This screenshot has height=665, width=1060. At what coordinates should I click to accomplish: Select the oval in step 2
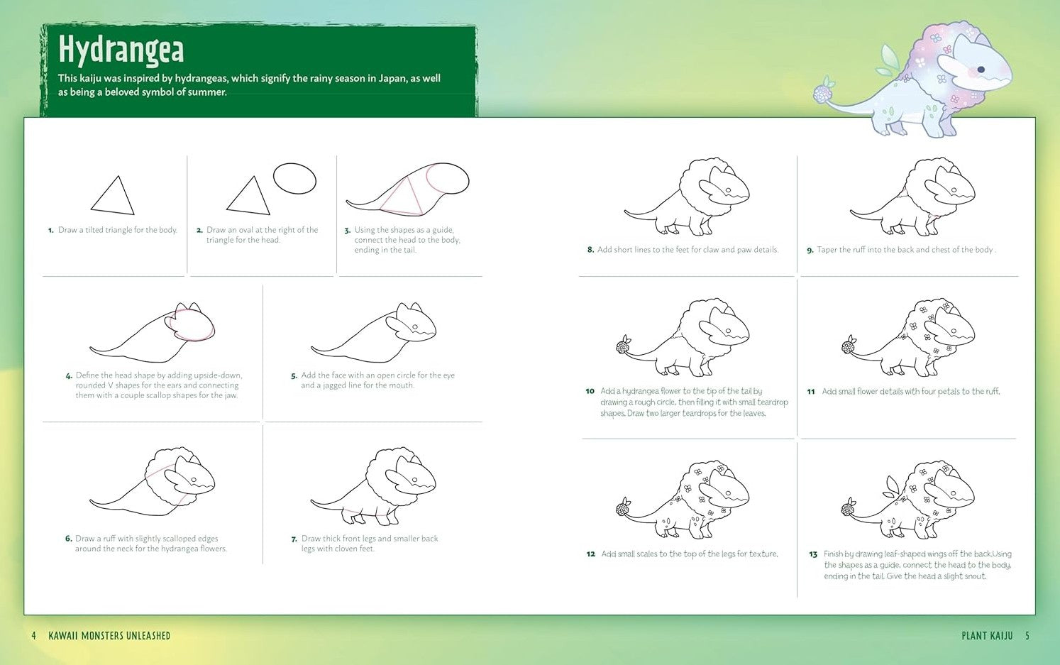294,178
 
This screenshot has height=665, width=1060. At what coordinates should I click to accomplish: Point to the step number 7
294,539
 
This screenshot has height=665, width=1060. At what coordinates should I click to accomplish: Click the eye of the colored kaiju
981,70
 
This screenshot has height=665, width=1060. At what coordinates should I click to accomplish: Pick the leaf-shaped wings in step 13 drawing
892,488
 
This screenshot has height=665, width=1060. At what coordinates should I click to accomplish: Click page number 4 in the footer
33,636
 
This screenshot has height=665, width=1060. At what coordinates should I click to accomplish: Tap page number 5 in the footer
1027,636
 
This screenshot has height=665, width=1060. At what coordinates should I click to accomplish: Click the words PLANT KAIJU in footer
987,636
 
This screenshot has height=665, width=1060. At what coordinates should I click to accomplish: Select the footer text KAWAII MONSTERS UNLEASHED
109,636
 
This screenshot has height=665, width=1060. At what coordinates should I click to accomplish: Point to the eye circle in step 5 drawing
415,327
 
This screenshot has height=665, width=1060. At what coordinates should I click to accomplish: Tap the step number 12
590,554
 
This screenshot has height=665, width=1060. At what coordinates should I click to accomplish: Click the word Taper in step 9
827,250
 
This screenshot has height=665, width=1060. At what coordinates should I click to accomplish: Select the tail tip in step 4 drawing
91,349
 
